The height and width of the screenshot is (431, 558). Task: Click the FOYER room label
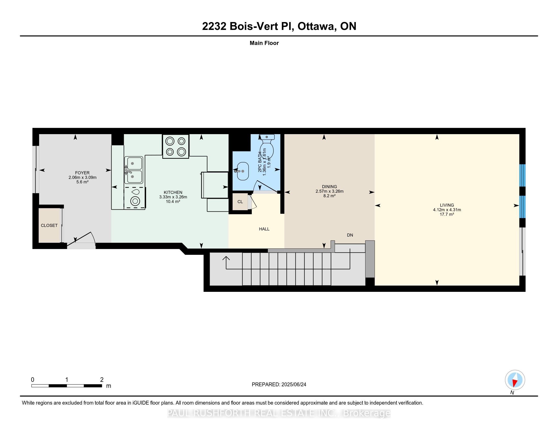pos(82,173)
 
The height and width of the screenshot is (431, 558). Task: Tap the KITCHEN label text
pos(173,192)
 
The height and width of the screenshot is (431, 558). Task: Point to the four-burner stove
pos(176,147)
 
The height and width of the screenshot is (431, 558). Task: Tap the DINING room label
pos(329,187)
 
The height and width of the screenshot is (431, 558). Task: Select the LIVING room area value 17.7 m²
pos(447,214)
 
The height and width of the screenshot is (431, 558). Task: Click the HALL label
pos(264,229)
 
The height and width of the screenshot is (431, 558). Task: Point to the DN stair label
pos(350,235)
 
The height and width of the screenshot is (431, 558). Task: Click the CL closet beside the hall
pos(240,202)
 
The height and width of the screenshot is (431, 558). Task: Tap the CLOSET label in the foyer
pos(49,225)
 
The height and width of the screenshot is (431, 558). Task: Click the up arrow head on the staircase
pos(226,258)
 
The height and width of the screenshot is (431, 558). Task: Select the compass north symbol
pos(515,380)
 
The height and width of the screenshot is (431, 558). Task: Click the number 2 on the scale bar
pos(102,380)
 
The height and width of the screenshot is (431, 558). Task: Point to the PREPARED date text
pos(279,385)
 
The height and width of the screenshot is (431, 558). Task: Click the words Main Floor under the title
pos(264,43)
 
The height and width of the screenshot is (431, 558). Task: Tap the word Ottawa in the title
pos(316,26)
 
